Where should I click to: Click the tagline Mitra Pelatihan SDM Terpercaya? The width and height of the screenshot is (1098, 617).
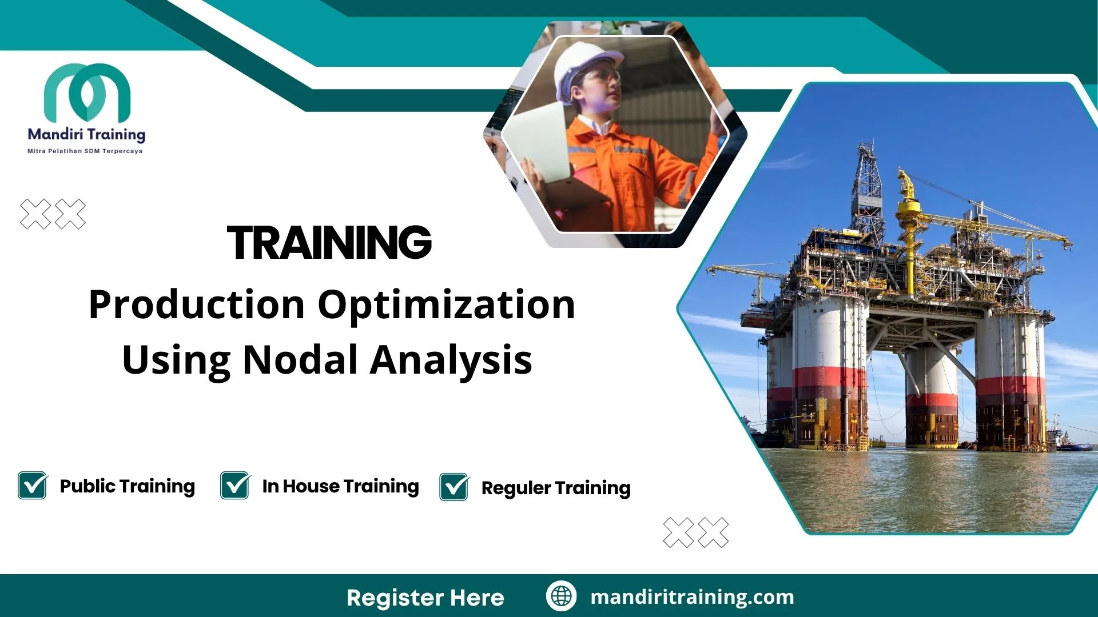click(x=85, y=151)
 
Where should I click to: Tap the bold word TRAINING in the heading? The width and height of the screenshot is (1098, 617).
click(x=329, y=243)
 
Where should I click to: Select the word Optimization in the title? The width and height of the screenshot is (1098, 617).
click(x=446, y=305)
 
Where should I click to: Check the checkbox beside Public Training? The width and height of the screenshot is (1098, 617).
click(x=33, y=486)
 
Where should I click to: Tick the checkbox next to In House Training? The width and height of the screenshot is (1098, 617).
click(x=235, y=486)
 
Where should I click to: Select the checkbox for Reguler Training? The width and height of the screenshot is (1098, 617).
click(x=454, y=487)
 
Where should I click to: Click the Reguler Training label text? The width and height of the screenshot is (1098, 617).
click(x=556, y=488)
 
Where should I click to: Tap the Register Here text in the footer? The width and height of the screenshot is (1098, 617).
click(x=425, y=598)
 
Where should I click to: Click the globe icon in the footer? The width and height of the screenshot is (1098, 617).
click(x=561, y=596)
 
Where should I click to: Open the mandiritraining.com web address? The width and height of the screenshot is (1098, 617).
click(x=692, y=597)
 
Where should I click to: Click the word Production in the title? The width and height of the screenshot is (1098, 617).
click(x=197, y=305)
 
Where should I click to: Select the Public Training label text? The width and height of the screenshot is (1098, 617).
click(x=127, y=486)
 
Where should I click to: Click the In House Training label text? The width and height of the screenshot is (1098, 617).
click(x=340, y=486)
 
